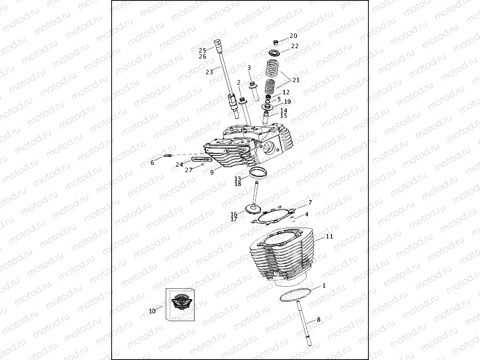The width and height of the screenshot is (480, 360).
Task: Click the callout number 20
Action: pos(293,36)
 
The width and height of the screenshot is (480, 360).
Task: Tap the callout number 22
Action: pos(295,46)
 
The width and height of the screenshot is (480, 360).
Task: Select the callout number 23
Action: pos(209,72)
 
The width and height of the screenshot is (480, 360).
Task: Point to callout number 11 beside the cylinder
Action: pos(329,237)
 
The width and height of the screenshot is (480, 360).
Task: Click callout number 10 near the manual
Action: pos(152,311)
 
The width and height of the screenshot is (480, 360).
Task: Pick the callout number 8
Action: pos(318,320)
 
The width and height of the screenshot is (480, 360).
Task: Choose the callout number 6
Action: pos(152,163)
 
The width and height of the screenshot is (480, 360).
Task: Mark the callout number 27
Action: pos(188,170)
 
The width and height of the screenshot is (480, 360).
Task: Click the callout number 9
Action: pos(211,173)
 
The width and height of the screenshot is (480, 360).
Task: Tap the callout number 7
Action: pos(310,202)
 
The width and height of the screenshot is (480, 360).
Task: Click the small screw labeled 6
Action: pos(167,156)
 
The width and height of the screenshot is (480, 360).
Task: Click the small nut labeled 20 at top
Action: pos(276,41)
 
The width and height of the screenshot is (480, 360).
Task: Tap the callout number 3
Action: pos(249,68)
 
